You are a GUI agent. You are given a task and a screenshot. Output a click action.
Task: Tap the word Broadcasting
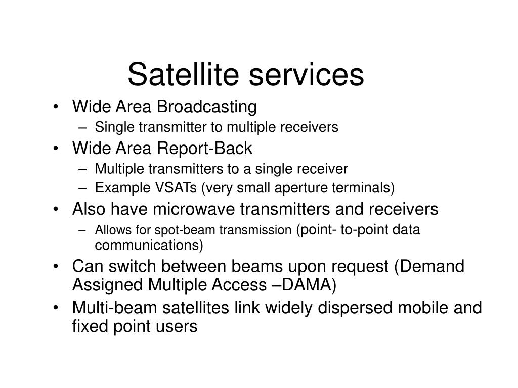(206, 107)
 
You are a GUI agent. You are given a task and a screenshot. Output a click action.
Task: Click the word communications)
(149, 245)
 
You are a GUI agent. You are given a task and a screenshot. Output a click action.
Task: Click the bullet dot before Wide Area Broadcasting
(56, 107)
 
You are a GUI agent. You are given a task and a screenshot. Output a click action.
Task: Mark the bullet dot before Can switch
(56, 266)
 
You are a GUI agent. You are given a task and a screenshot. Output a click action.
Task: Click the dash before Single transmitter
(82, 128)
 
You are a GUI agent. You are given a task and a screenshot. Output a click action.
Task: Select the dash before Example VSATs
(82, 188)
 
